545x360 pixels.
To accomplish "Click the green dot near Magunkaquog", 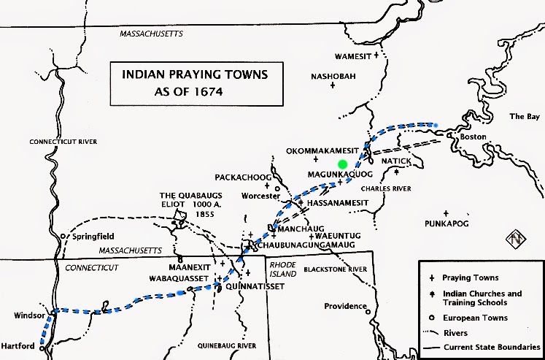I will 342,164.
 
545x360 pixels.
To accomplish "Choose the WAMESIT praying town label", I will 352,55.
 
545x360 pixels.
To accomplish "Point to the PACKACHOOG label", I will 243,177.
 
